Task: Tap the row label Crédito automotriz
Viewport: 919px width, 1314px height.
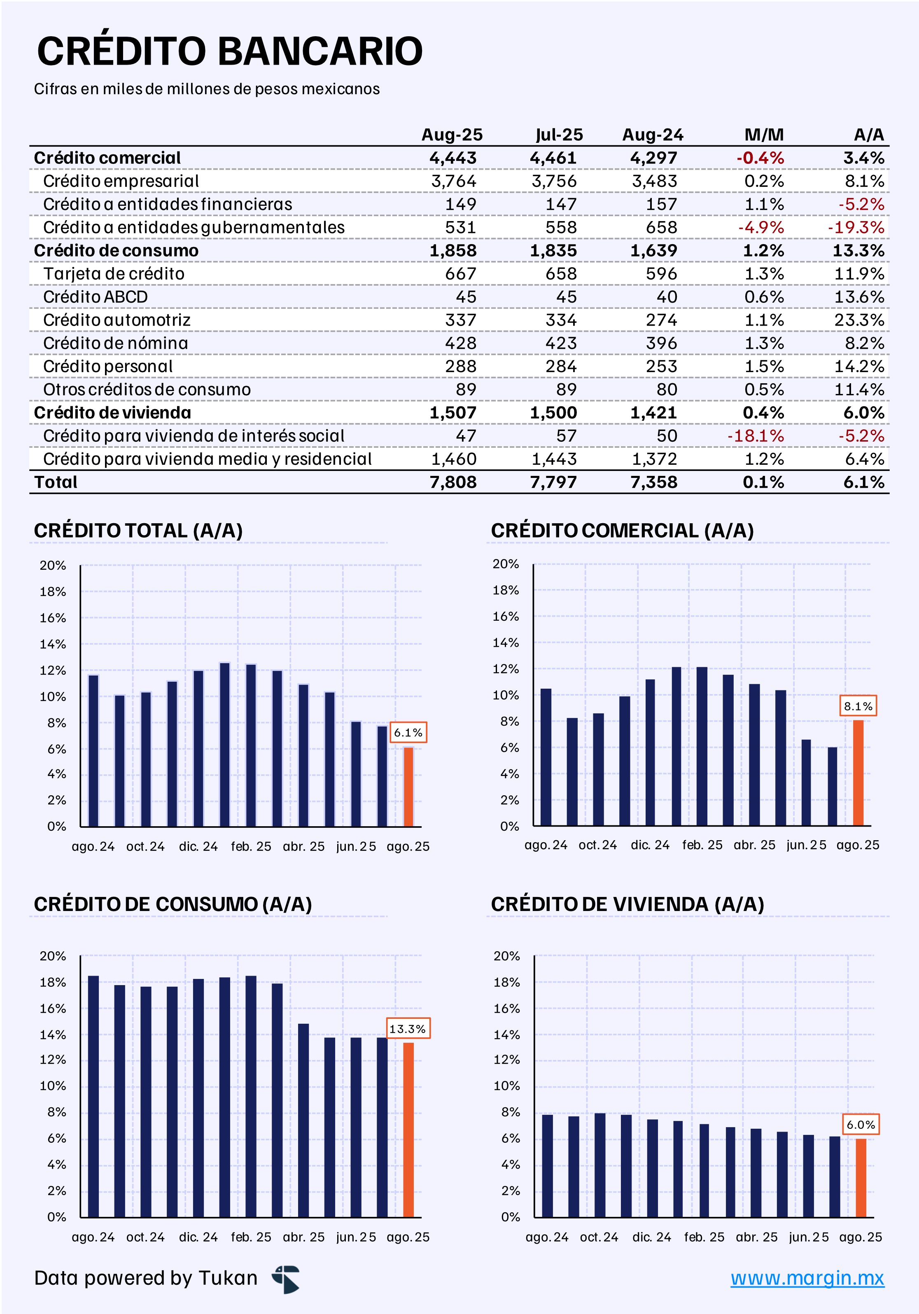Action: tap(117, 320)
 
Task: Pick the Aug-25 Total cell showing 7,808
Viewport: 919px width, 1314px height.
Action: tap(453, 482)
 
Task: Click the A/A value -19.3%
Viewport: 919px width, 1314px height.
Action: tap(856, 228)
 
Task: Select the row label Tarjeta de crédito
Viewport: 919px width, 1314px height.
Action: tap(114, 274)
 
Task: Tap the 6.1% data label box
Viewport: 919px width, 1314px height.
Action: tap(408, 733)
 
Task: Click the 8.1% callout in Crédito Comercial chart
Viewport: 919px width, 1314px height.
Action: tap(858, 706)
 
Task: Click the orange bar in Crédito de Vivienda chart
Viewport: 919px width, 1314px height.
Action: tap(861, 1177)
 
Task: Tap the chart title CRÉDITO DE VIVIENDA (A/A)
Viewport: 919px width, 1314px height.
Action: tap(627, 904)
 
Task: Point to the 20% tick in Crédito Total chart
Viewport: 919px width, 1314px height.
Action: tap(53, 566)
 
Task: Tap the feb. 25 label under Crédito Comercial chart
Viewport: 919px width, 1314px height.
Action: tap(702, 845)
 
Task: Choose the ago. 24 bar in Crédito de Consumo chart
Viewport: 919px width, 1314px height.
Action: tap(93, 1096)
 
